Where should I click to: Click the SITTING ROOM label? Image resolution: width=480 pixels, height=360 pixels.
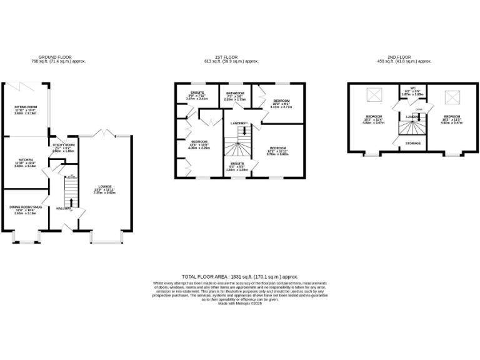point(26,107)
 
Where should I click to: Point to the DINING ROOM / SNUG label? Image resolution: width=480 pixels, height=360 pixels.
point(25,207)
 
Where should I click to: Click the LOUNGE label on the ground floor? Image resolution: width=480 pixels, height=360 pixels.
point(106,186)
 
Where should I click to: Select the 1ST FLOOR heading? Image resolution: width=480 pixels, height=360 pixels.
point(241,56)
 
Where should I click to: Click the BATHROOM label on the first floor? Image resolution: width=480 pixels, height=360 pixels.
point(236,92)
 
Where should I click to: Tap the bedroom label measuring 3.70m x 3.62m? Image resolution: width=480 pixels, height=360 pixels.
point(278,149)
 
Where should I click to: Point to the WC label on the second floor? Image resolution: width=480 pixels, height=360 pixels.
point(412,88)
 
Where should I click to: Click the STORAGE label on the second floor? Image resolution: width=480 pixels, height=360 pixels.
point(412,143)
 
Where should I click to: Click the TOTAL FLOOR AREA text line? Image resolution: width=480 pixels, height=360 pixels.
point(240,276)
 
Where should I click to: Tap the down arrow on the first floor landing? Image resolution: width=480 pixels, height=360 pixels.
point(244,132)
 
